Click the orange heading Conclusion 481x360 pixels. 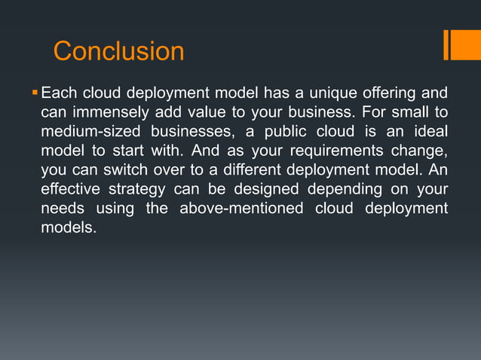tap(118, 51)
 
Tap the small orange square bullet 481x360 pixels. tap(34, 93)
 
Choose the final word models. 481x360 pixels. tap(69, 227)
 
